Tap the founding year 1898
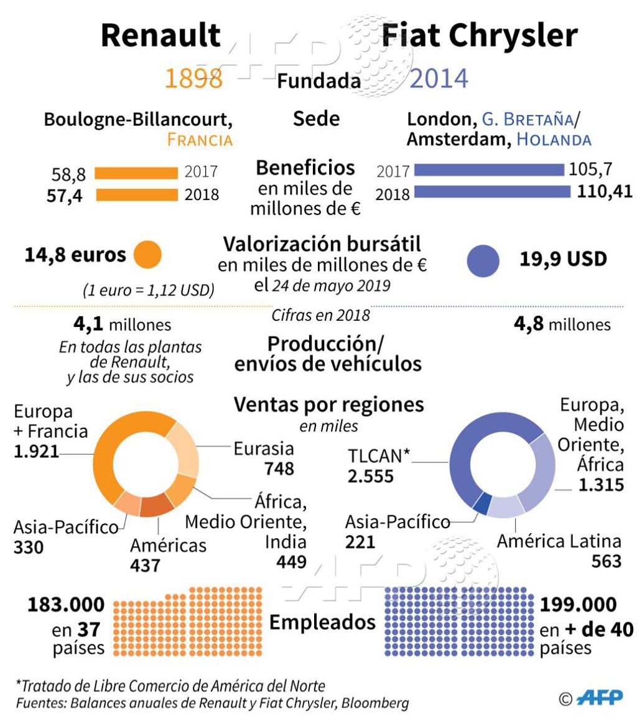[x=193, y=79]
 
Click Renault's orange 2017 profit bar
[x=136, y=173]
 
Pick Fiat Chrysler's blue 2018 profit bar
[x=491, y=191]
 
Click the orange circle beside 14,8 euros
[x=147, y=254]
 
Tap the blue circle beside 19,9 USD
[x=483, y=260]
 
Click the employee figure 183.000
[x=65, y=605]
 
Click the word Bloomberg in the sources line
[x=377, y=704]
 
